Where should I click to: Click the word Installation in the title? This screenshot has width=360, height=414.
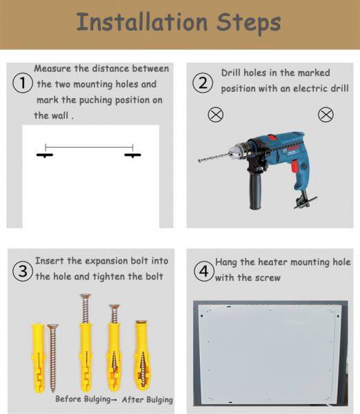click(x=142, y=22)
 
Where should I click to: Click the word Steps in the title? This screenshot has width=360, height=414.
click(x=249, y=23)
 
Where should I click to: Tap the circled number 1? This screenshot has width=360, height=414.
click(x=23, y=83)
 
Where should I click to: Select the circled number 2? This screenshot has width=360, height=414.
click(x=203, y=83)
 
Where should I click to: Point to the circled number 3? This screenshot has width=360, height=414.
click(x=23, y=271)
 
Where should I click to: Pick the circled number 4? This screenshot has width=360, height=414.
click(x=203, y=271)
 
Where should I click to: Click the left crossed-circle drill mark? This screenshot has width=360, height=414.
click(x=216, y=115)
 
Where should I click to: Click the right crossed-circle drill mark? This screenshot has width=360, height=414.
click(x=326, y=115)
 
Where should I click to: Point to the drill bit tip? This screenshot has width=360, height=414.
click(x=199, y=161)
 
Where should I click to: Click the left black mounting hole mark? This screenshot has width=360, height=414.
click(x=45, y=155)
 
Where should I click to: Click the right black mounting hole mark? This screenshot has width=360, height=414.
click(x=132, y=155)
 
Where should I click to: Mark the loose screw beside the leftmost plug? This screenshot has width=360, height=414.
click(x=53, y=357)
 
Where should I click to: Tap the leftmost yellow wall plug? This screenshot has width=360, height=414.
click(x=39, y=357)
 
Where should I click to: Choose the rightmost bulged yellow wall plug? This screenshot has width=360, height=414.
click(x=142, y=355)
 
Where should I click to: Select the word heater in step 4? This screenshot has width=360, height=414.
click(x=272, y=262)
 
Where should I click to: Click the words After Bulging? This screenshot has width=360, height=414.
click(x=148, y=400)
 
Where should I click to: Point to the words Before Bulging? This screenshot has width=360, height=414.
click(x=83, y=399)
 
